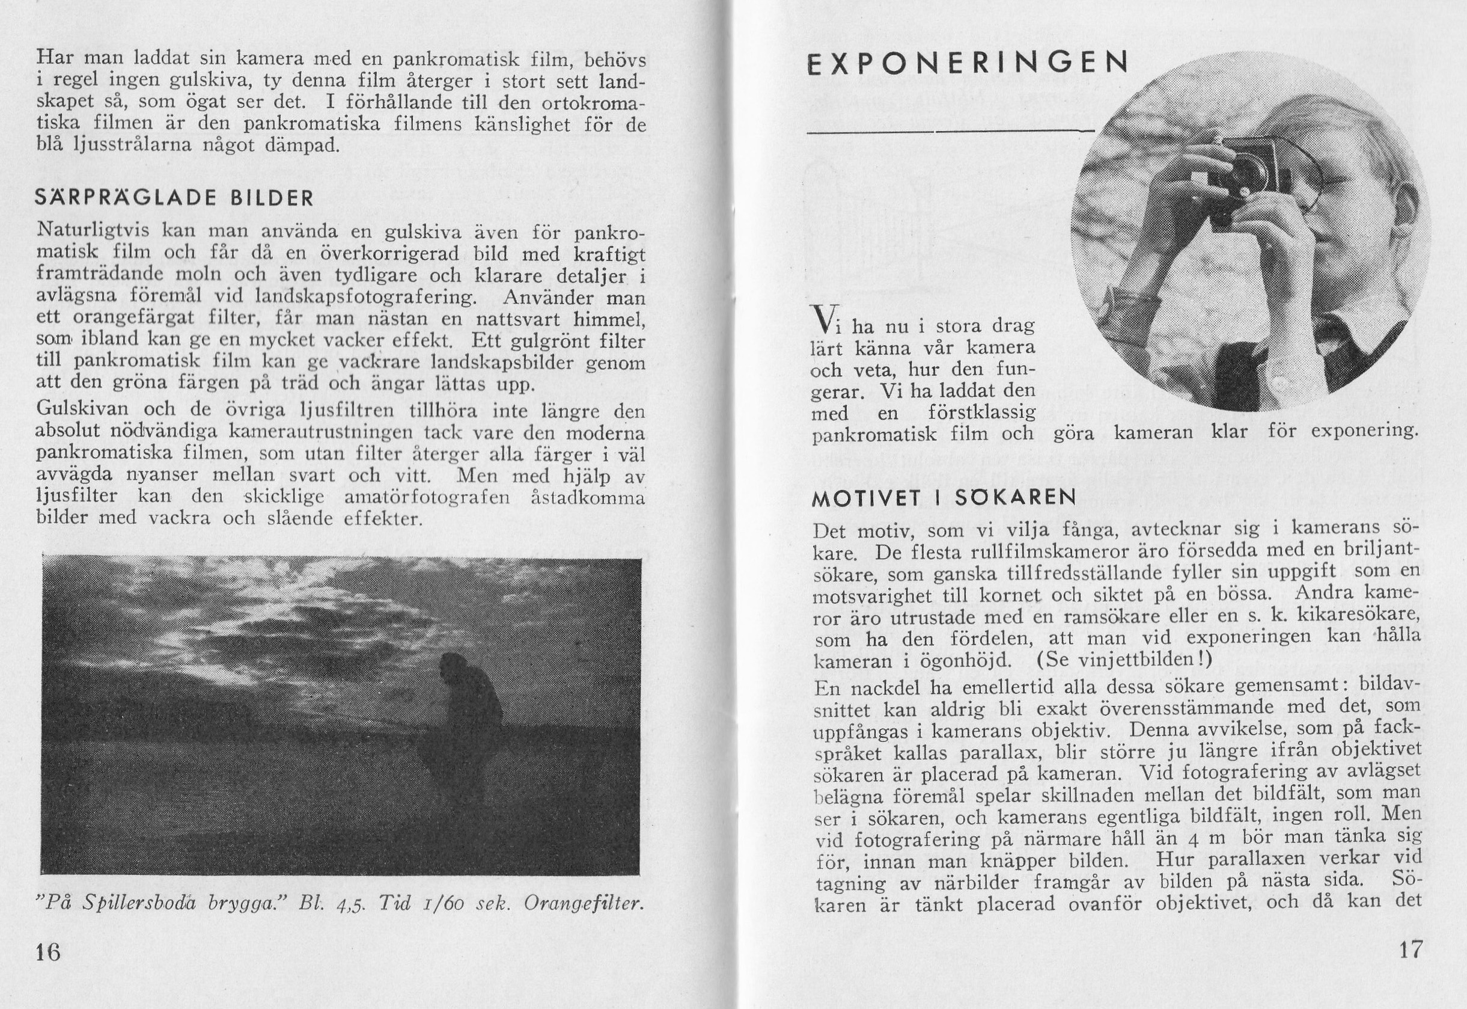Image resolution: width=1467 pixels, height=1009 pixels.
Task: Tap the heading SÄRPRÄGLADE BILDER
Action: (174, 198)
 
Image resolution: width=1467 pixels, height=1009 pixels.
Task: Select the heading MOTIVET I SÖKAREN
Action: (945, 498)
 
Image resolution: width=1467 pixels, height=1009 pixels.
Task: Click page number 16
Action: (48, 951)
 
